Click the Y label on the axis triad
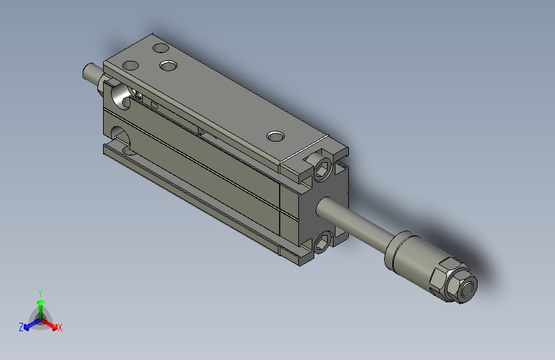click(x=40, y=293)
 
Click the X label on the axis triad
click(x=60, y=327)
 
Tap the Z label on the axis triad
click(x=21, y=327)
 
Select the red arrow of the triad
click(x=49, y=324)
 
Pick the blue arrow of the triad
click(x=33, y=324)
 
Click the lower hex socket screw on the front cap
click(x=323, y=242)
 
